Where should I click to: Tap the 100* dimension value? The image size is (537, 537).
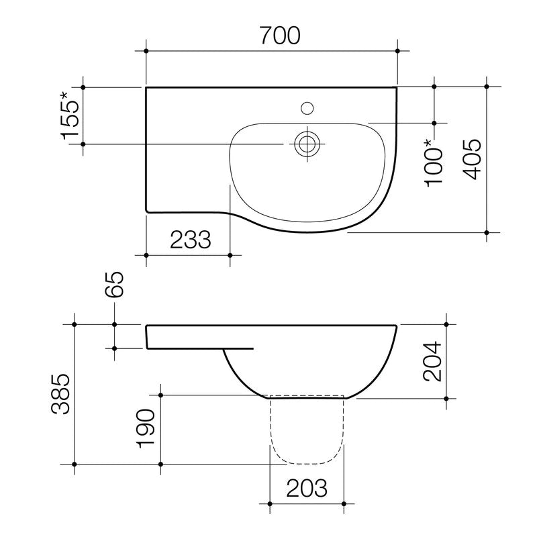tap(435, 161)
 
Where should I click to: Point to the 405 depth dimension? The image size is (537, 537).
tap(473, 160)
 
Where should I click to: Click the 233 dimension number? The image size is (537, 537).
tap(190, 240)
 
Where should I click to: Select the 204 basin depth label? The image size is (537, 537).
tap(433, 361)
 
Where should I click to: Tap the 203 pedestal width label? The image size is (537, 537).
tap(307, 488)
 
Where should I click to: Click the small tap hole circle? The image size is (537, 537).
tap(307, 107)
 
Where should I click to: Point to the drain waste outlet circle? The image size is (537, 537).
tap(307, 143)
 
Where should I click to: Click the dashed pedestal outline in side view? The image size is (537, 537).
tap(307, 462)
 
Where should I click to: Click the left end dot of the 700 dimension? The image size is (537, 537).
tap(146, 50)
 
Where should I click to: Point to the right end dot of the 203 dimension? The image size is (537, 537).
tap(344, 503)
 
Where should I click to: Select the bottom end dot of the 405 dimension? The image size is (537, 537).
tap(487, 232)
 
